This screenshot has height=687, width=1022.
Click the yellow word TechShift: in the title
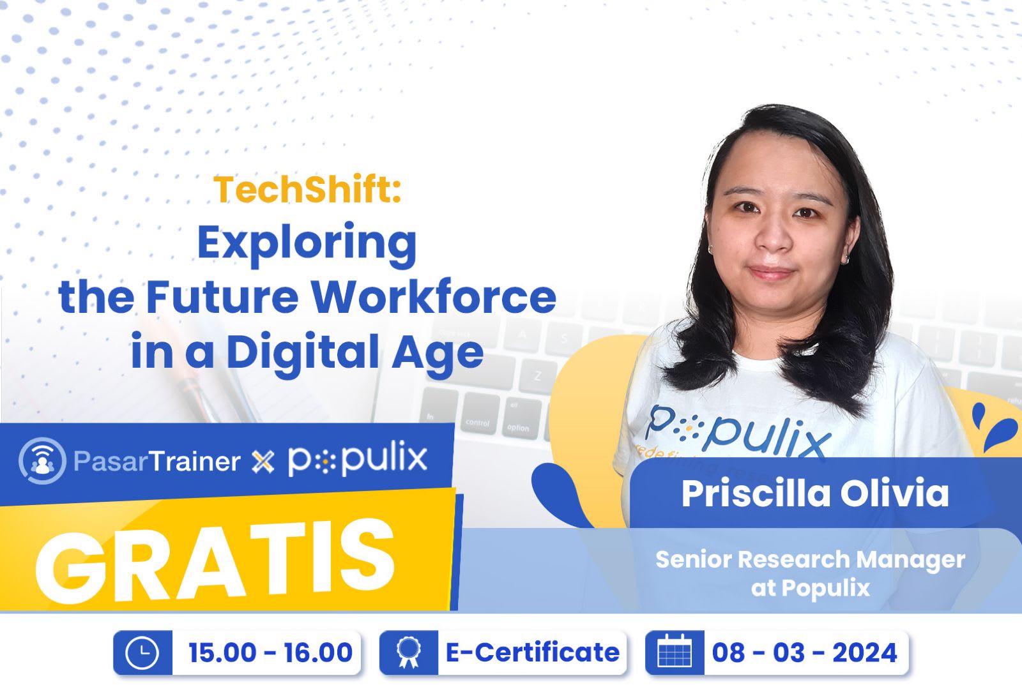(307, 190)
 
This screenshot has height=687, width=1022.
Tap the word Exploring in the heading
(307, 243)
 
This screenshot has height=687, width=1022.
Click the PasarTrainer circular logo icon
(42, 460)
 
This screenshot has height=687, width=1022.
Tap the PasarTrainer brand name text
(156, 461)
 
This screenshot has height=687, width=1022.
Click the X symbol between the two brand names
(263, 462)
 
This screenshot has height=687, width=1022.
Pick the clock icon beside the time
(142, 653)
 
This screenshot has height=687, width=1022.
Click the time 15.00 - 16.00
(270, 653)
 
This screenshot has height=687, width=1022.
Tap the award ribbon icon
(408, 653)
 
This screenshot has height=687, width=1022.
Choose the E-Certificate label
(532, 653)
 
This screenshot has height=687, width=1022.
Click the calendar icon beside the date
(675, 653)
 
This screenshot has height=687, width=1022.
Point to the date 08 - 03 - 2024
(805, 653)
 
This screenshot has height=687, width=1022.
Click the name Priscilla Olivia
(815, 493)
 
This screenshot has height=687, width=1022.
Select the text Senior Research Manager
(810, 559)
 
